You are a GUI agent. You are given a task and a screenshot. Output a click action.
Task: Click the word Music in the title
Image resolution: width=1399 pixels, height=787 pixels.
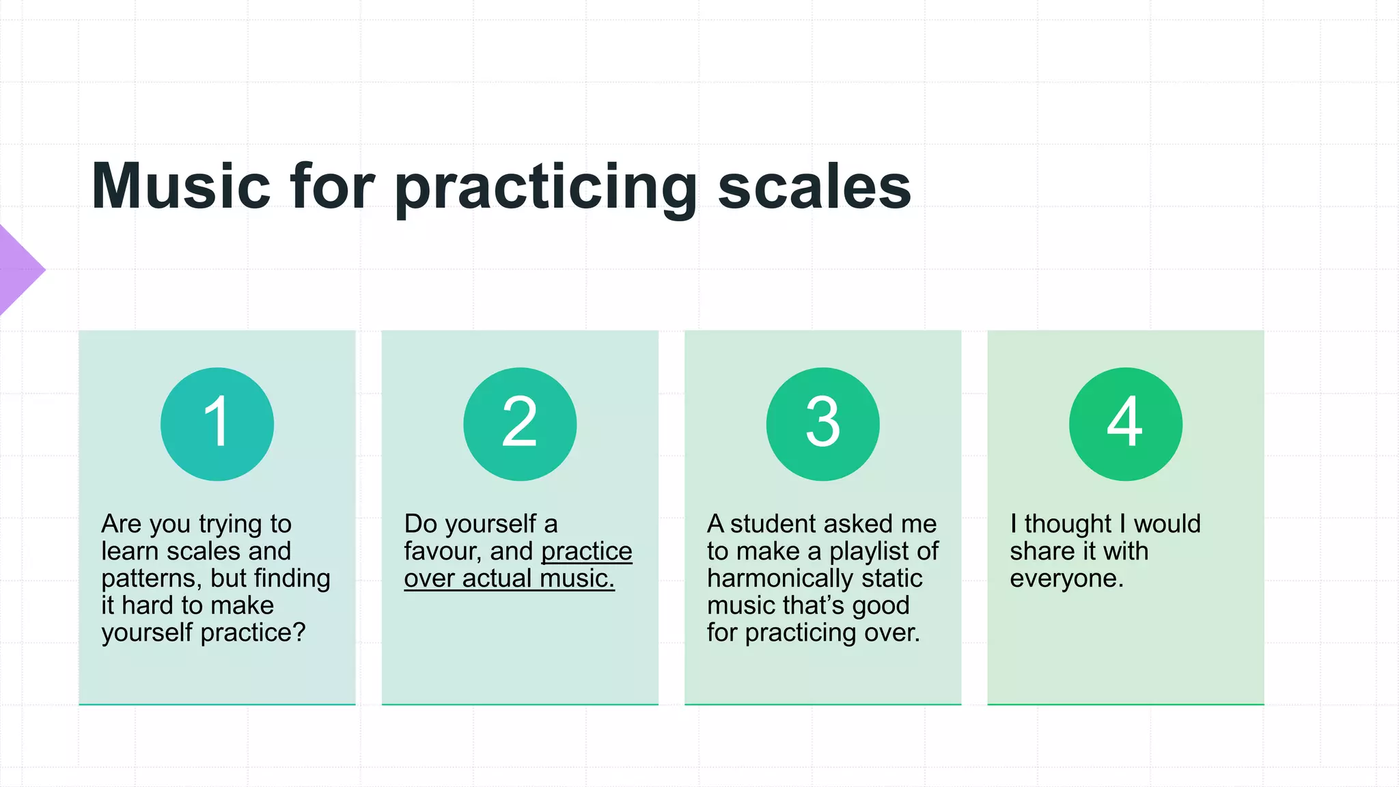coord(181,186)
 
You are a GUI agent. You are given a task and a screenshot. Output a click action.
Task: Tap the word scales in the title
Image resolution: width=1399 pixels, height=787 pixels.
coord(814,186)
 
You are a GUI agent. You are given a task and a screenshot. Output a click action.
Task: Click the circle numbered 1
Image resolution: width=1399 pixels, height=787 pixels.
coord(217,424)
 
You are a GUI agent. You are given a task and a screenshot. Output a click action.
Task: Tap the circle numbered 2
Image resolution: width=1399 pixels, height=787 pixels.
coord(520,424)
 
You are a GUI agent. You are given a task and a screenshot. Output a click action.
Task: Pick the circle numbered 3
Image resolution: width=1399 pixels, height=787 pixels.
coord(822,424)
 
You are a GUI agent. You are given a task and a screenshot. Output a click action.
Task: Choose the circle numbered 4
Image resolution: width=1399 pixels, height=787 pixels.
coord(1125,424)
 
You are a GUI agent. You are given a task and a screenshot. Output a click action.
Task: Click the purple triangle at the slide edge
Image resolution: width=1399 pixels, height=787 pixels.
coord(17,270)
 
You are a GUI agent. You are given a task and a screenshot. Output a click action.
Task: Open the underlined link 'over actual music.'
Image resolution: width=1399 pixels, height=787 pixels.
coord(509,579)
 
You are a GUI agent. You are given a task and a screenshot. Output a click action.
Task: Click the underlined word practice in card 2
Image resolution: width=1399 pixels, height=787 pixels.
coord(587,551)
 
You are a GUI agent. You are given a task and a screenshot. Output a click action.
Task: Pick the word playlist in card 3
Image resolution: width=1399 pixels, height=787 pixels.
coord(870,551)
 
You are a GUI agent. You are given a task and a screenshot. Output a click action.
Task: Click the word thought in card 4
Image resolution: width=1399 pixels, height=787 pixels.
coord(1068,524)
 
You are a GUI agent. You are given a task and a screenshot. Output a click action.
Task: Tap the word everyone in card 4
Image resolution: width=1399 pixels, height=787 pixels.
coord(1064,579)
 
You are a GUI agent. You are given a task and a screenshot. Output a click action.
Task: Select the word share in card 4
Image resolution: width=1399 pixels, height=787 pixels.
coord(1042,551)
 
